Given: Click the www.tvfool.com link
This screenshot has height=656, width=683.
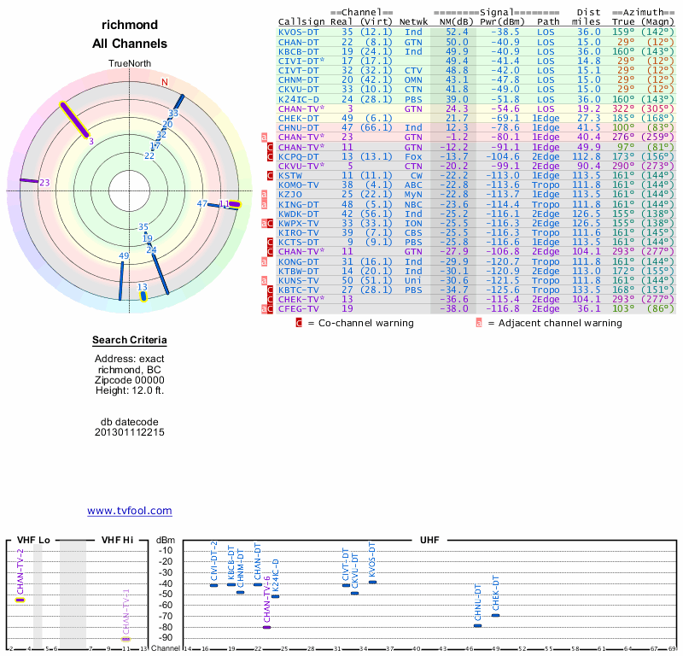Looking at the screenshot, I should click(130, 511).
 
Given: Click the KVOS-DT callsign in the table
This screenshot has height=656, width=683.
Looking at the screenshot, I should click(299, 31).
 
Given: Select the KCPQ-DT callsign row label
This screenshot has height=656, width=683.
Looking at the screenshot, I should click(299, 156).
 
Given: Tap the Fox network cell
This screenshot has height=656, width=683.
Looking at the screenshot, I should click(413, 156).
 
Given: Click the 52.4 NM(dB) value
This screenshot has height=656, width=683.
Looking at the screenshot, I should click(456, 31).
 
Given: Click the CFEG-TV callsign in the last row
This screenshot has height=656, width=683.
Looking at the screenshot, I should click(299, 308).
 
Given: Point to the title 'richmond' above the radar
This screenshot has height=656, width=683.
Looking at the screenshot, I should click(130, 25).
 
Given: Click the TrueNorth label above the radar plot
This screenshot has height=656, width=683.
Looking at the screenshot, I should click(130, 64).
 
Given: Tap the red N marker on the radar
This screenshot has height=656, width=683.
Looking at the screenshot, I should click(165, 82).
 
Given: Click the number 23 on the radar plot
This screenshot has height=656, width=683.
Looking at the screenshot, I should click(45, 183).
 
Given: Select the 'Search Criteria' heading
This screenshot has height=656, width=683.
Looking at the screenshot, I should click(130, 341).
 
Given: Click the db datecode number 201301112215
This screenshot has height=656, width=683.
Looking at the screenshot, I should click(130, 432).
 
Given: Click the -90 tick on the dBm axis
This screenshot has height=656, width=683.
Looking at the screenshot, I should click(164, 637).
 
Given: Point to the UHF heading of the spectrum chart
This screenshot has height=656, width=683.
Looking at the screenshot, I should click(429, 540).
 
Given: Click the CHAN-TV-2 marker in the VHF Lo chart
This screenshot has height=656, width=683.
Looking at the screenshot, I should click(20, 600).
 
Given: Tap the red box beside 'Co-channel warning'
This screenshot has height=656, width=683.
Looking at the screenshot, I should click(299, 324).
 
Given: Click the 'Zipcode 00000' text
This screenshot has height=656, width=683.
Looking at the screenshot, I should click(130, 380).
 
